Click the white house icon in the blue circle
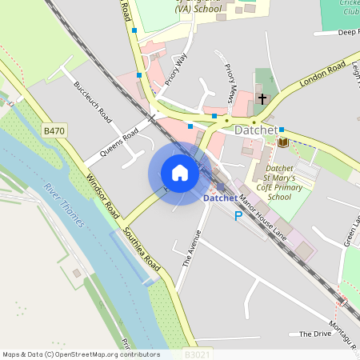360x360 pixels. coord(179,173)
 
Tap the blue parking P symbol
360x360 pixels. coord(238,215)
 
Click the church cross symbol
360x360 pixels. coord(262,99)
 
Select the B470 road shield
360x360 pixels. coord(54,130)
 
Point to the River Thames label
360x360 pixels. coord(64,205)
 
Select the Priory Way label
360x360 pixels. coord(175,69)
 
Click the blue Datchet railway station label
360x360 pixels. coord(220,198)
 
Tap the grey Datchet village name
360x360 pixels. coord(255,130)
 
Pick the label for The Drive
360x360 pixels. coord(314,334)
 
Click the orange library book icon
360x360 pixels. coord(282,142)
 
